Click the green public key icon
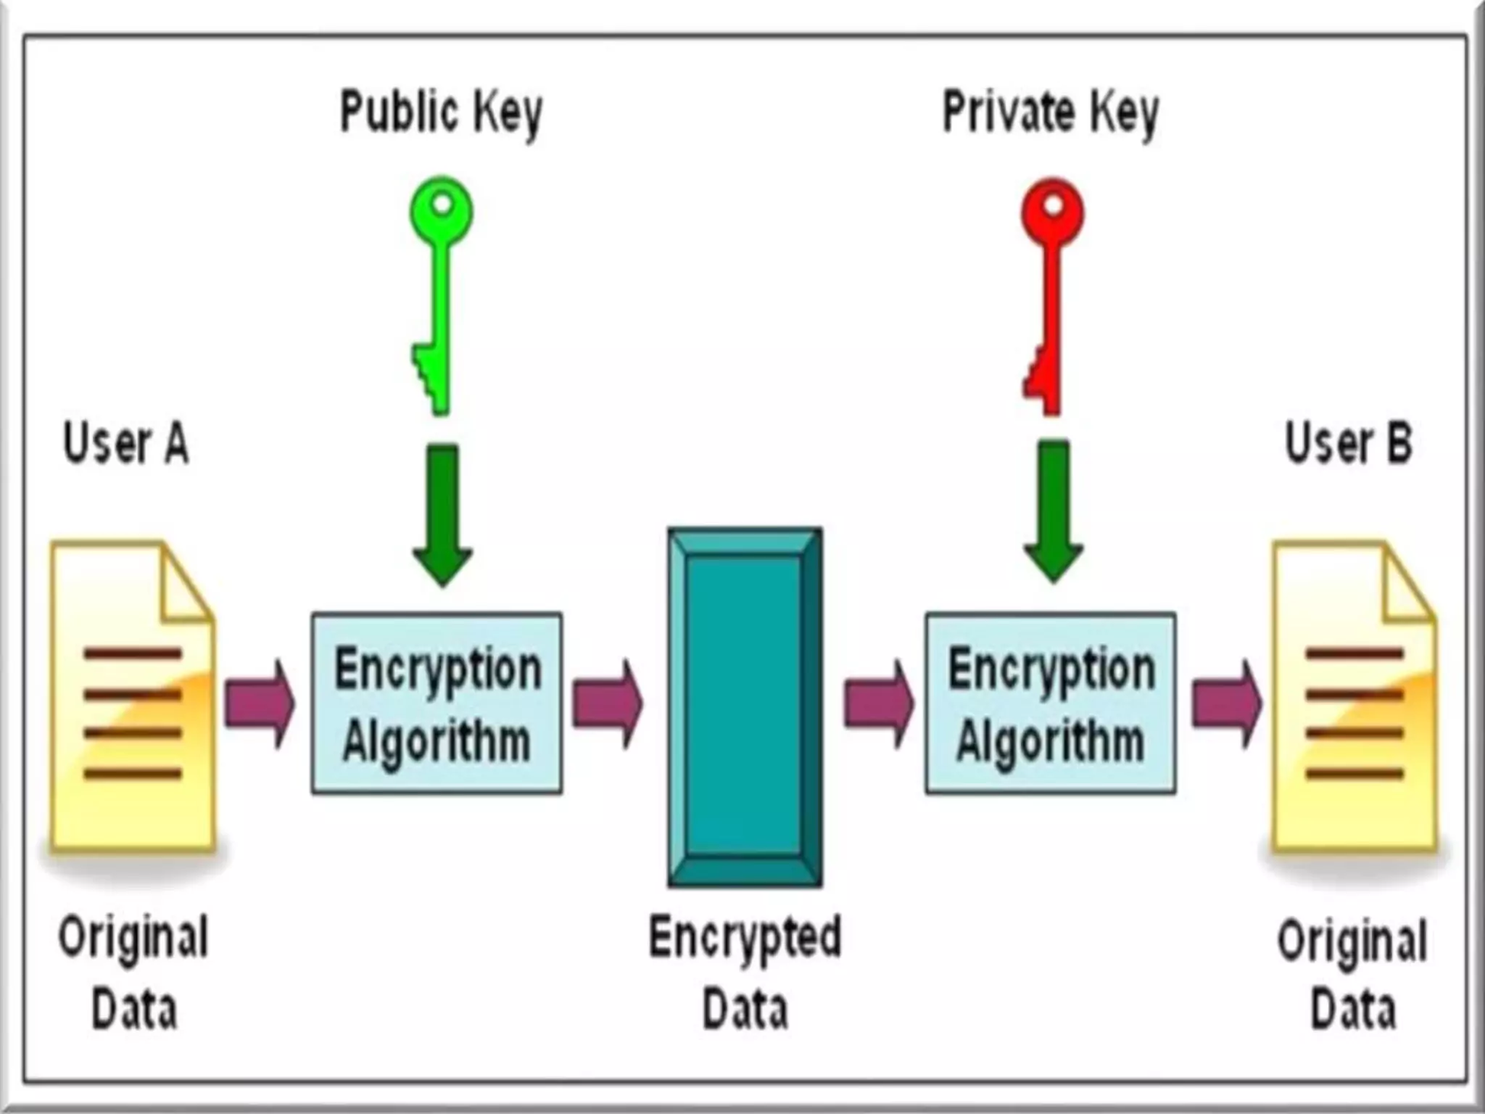[x=440, y=290]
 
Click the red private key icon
[x=1051, y=290]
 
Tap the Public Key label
[x=441, y=113]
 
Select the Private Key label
[x=1050, y=113]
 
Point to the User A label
[x=125, y=443]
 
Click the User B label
[x=1348, y=443]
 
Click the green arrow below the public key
[x=442, y=515]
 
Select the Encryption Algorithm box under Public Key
[x=437, y=703]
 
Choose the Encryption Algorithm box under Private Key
[x=1050, y=703]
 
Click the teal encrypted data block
[x=745, y=707]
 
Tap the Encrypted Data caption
[x=745, y=972]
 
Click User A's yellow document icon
[x=132, y=696]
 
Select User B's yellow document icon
[x=1354, y=696]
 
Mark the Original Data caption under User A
[x=133, y=972]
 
